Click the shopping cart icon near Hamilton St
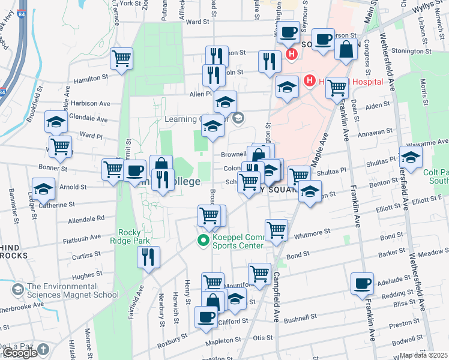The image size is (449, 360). coord(122,59)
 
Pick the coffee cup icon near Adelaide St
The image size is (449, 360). coord(362,283)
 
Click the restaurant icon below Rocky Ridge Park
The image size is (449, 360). coord(148,257)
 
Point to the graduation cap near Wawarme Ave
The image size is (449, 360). coord(411,157)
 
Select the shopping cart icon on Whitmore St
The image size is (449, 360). coord(276,229)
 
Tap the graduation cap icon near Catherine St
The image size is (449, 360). coord(43,189)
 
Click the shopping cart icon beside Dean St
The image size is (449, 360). coord(337,88)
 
